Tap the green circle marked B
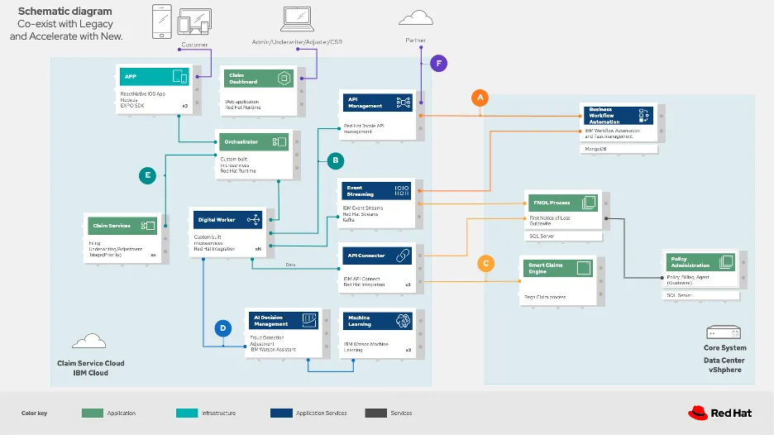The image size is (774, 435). click(x=335, y=160)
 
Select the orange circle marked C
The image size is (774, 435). click(x=486, y=263)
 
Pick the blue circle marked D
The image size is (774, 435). click(x=222, y=328)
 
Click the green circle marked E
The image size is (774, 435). click(x=148, y=174)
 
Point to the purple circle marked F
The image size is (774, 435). click(x=439, y=63)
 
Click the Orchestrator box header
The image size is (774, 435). click(x=254, y=142)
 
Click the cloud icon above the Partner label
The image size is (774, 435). click(x=415, y=17)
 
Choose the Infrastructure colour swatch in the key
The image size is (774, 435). click(x=191, y=413)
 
